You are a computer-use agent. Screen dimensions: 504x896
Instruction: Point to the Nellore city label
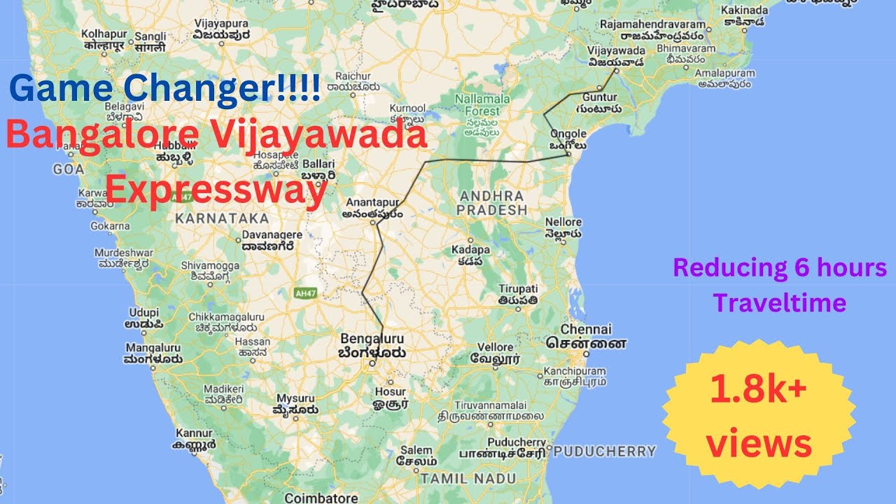pyautogui.click(x=563, y=222)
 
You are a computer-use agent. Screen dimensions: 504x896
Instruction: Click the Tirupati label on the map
pyautogui.click(x=518, y=288)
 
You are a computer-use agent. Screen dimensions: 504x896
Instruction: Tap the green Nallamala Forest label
pyautogui.click(x=477, y=105)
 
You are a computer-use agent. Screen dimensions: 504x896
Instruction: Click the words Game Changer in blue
pyautogui.click(x=165, y=90)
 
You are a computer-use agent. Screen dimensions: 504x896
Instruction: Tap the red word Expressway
pyautogui.click(x=217, y=189)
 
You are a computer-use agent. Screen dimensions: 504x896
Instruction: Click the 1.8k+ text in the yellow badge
pyautogui.click(x=759, y=390)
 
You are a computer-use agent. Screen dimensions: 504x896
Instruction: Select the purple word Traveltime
pyautogui.click(x=780, y=302)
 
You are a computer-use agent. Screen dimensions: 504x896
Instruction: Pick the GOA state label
pyautogui.click(x=69, y=169)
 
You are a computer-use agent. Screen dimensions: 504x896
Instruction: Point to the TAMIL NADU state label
pyautogui.click(x=468, y=479)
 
